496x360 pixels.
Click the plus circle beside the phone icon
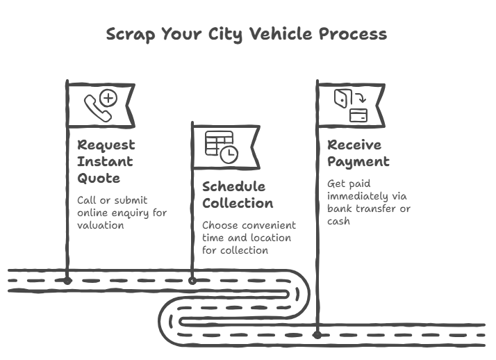[x=108, y=98]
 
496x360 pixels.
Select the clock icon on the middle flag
[x=229, y=154]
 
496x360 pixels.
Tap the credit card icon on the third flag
[x=358, y=115]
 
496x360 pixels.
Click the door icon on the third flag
[x=340, y=98]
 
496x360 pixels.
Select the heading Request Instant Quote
[x=106, y=161]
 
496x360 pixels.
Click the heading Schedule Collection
[x=237, y=195]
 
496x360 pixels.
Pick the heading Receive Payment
[x=358, y=153]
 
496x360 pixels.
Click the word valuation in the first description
[x=100, y=225]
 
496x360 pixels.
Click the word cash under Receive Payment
[x=338, y=222]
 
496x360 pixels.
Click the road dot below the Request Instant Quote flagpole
[x=67, y=281]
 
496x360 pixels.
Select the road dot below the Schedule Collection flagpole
[x=192, y=281]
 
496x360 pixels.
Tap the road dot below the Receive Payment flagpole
[x=317, y=334]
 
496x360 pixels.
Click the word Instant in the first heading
[x=105, y=161]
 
